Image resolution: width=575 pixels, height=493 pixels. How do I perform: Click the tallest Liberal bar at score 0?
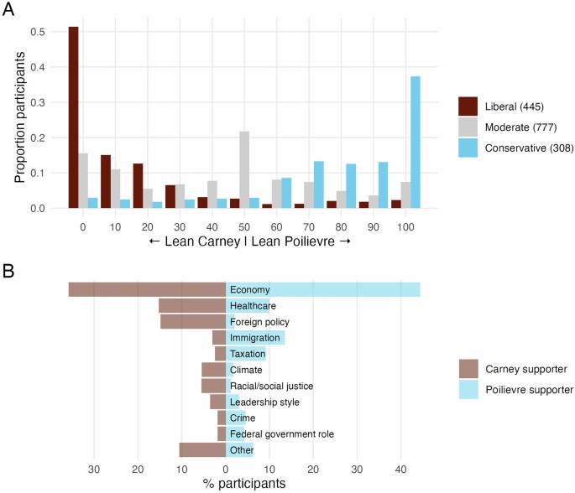tap(73, 117)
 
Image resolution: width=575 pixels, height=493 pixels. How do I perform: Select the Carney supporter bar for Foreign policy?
tap(192, 322)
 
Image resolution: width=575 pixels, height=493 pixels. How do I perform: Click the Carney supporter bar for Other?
tap(201, 449)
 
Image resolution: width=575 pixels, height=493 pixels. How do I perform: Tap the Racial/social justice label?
tap(259, 386)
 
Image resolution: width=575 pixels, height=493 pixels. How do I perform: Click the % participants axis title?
tap(244, 484)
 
